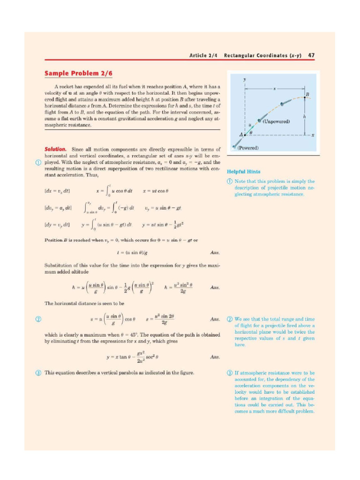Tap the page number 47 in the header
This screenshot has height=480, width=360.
(x=311, y=55)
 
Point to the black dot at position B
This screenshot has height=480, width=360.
(x=304, y=98)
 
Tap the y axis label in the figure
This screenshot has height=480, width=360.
(x=245, y=80)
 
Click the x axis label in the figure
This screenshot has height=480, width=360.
(x=312, y=135)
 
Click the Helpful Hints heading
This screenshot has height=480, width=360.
(x=244, y=172)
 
